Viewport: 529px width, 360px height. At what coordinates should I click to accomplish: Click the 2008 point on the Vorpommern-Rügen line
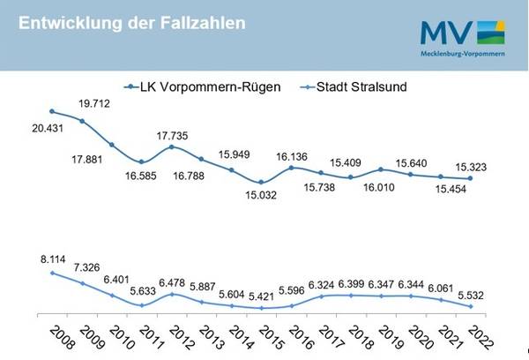pos(52,111)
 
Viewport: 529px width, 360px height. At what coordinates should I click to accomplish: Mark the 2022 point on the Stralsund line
pos(471,306)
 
